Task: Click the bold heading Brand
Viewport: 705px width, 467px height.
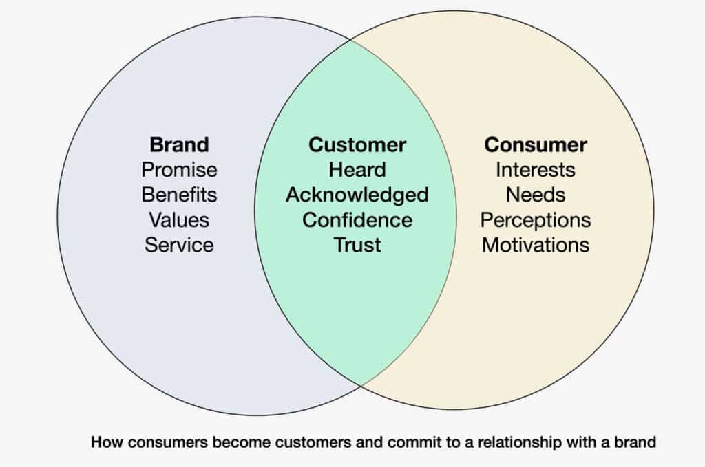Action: (x=179, y=145)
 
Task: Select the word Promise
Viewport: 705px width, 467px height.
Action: (x=179, y=170)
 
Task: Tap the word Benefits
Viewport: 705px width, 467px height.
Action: (x=179, y=195)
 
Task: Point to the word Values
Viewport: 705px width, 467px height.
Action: (x=179, y=219)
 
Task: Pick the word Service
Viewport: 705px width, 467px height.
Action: (x=179, y=244)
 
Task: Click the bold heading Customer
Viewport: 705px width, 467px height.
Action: (x=357, y=145)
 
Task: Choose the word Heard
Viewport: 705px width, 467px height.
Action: (x=357, y=170)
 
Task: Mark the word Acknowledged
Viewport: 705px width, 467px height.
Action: (x=357, y=195)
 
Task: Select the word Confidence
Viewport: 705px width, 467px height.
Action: (x=357, y=219)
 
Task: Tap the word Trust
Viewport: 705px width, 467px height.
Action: (x=357, y=244)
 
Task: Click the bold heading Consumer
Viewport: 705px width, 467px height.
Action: (x=536, y=145)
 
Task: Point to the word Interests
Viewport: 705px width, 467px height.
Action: (x=536, y=170)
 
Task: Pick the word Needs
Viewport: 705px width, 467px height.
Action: (x=536, y=195)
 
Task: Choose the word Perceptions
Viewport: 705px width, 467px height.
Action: (x=536, y=219)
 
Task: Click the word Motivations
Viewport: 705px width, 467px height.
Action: (x=536, y=244)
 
